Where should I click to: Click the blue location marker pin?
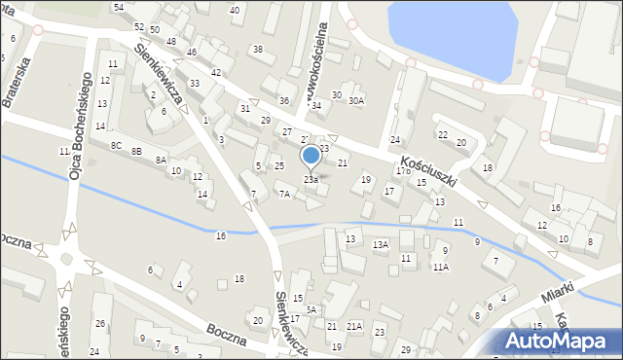pos(311,156)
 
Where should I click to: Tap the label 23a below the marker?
pos(311,180)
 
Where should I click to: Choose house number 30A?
pos(356,100)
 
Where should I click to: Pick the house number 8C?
pos(116,145)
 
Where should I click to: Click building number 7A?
pos(284,195)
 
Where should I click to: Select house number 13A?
pos(381,245)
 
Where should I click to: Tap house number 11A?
pos(441,267)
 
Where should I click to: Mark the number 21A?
pos(354,326)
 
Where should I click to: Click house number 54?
pos(118,7)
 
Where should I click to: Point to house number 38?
pos(257,49)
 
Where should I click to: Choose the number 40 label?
pos(235,10)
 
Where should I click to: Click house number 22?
pos(442,134)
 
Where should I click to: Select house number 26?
pos(99,323)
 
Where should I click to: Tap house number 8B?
pos(137,152)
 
